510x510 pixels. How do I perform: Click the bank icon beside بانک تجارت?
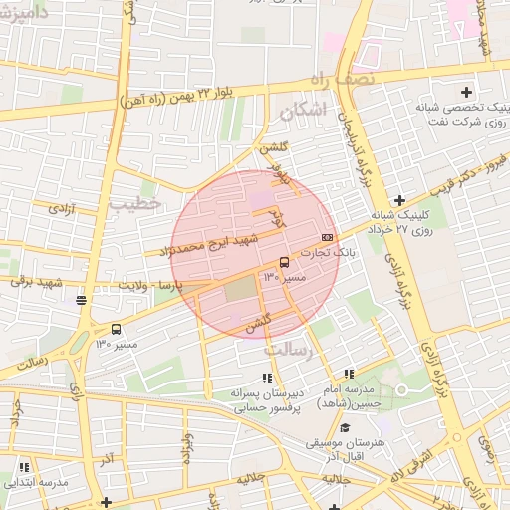coord(328,237)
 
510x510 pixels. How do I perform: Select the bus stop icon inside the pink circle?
coord(285,262)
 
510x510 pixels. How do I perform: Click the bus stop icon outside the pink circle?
coord(117,330)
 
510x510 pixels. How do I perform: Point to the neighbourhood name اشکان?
coord(303,113)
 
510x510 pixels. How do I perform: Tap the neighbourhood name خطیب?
coord(135,202)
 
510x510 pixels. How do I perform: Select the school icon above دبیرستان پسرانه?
coord(266,378)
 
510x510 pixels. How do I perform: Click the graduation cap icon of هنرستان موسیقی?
coord(346,427)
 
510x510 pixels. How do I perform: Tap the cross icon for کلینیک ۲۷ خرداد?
coord(399,200)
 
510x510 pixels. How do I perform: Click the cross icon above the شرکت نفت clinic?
coord(465,92)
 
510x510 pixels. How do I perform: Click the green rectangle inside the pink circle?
coord(239,291)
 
